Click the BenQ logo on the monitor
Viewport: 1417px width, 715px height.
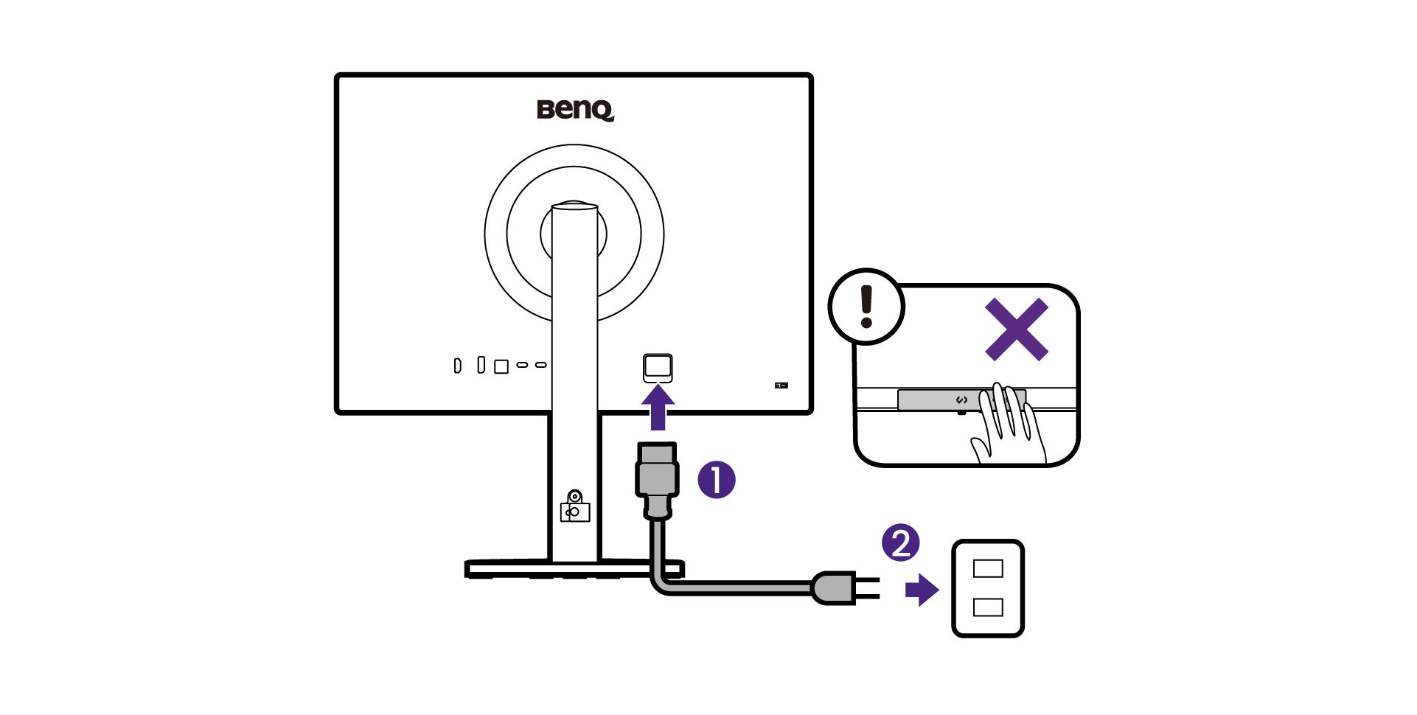point(575,110)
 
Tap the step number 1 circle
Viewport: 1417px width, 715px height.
point(717,480)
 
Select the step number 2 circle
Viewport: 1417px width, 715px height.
point(901,543)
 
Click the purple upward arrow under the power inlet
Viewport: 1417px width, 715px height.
point(658,409)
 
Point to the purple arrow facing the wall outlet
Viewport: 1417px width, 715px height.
point(922,590)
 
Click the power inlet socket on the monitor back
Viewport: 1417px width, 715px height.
point(658,367)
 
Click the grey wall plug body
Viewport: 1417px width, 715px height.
point(834,588)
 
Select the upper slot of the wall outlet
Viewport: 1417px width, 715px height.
point(988,568)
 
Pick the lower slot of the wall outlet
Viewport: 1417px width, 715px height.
point(988,607)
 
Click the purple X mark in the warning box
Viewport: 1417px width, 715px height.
point(1017,329)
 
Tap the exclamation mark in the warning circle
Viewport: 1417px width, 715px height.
point(867,307)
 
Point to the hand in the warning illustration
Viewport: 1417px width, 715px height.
point(1007,428)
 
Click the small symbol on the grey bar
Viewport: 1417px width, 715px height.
point(961,400)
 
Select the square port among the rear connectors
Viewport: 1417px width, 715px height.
point(501,366)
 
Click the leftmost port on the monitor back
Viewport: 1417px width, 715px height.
point(457,366)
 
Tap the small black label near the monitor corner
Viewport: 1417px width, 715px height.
point(781,385)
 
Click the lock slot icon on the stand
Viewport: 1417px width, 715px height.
point(575,507)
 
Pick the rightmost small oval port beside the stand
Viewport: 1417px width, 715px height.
point(540,365)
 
